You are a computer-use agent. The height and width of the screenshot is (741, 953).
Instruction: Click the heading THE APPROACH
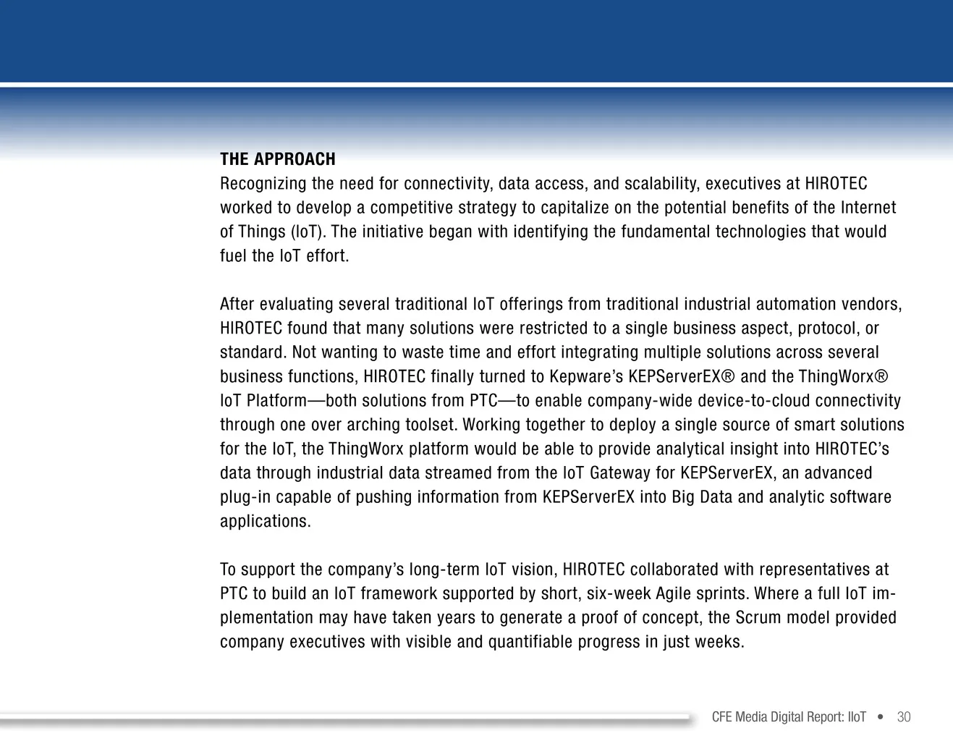click(278, 159)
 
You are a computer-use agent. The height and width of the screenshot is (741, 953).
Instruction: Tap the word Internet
click(868, 208)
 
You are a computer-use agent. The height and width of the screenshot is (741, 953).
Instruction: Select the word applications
click(266, 522)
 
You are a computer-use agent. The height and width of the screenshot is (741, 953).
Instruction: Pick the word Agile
click(673, 594)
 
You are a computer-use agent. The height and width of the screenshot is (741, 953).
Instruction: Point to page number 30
click(904, 717)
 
